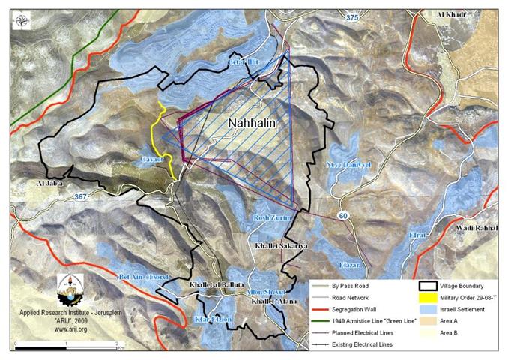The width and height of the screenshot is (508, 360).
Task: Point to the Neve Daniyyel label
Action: point(350,166)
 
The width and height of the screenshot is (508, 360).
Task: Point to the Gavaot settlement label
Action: point(150,160)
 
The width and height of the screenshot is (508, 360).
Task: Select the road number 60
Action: point(343,216)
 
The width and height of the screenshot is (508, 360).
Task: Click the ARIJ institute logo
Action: point(70,288)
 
